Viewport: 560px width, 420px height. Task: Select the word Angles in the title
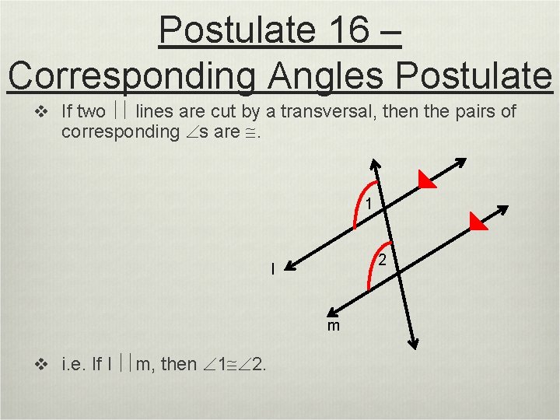pos(324,75)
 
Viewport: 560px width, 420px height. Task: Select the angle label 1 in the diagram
pos(369,205)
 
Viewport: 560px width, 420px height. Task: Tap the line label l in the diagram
pos(273,269)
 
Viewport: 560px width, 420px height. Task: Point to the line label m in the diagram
pos(334,326)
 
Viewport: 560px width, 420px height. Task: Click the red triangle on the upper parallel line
pos(424,180)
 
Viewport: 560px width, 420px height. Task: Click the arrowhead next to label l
pos(289,267)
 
